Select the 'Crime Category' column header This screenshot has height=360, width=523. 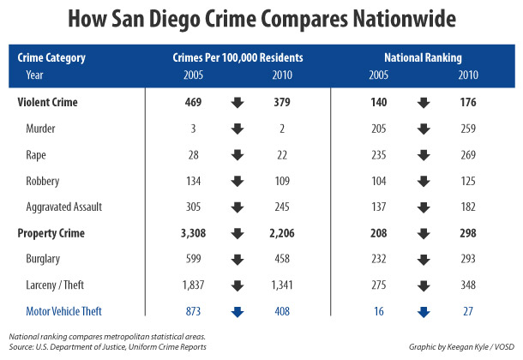(51, 59)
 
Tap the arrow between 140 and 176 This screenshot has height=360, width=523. (423, 103)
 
